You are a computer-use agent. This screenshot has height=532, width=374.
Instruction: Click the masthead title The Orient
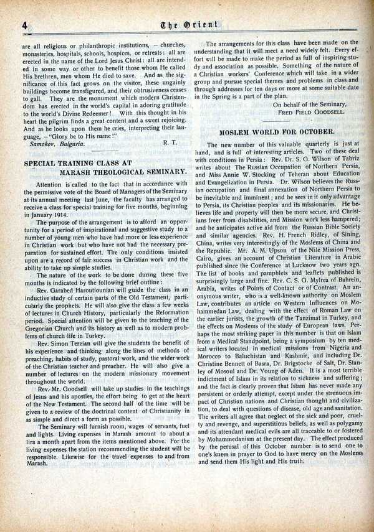[188, 26]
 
